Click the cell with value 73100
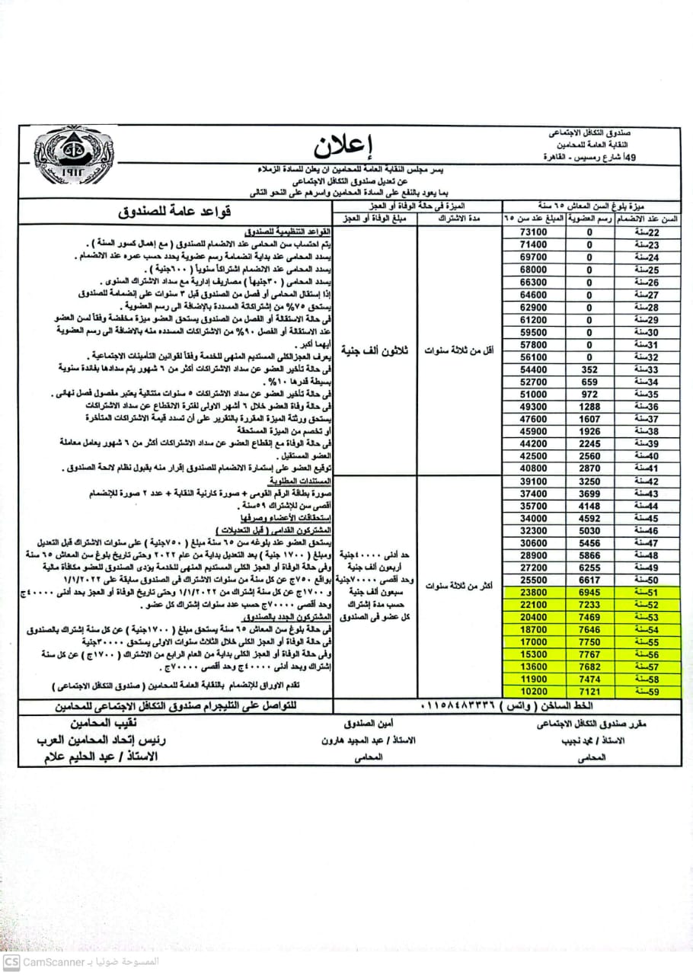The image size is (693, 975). (x=533, y=232)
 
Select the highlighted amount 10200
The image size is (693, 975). (x=533, y=690)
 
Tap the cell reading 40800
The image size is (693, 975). (x=533, y=468)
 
